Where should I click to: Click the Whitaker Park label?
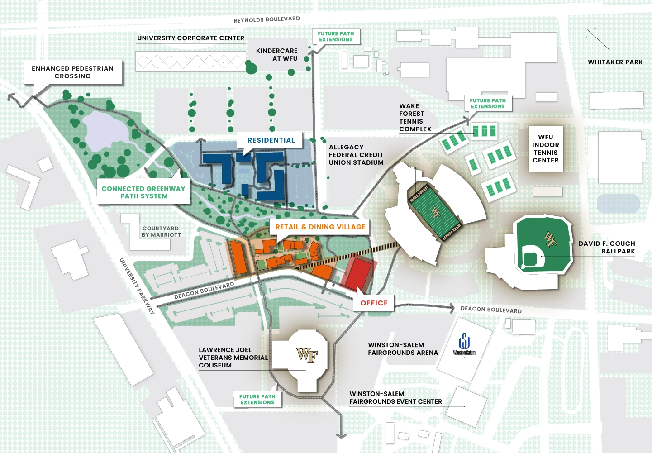tap(615, 62)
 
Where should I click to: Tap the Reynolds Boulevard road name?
tap(267, 19)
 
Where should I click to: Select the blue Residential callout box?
tap(271, 140)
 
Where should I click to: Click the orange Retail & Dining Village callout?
tap(320, 227)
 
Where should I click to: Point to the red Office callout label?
tap(374, 303)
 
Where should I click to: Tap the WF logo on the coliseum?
tap(307, 355)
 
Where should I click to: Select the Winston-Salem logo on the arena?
tap(464, 344)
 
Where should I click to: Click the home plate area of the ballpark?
tap(530, 259)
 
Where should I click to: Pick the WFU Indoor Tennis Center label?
tap(546, 148)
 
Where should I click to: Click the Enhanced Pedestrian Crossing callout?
tap(73, 72)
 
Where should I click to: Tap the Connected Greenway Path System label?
tap(143, 192)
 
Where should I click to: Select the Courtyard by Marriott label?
tap(161, 232)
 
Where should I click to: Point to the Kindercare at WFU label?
tap(277, 55)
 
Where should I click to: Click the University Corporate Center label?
tap(190, 38)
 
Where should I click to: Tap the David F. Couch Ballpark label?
tap(607, 247)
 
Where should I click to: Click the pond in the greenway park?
tap(105, 131)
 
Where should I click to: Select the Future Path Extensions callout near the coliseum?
tap(257, 399)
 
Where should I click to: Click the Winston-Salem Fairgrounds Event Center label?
tap(395, 398)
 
